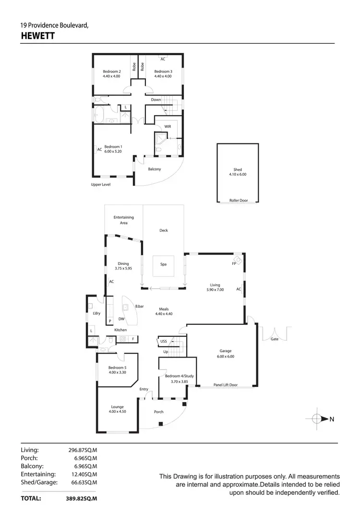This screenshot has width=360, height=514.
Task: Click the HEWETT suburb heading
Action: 38,36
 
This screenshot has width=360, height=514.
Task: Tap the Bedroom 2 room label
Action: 111,72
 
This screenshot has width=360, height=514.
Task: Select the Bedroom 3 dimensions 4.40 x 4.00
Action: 163,76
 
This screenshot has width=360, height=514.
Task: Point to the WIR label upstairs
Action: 168,127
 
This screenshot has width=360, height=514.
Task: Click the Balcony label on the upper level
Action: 154,169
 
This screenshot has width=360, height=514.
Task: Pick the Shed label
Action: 238,169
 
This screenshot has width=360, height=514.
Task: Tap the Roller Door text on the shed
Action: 238,201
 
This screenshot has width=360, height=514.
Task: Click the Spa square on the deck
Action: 163,264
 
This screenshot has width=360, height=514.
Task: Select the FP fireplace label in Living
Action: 235,263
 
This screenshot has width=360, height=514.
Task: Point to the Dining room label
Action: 123,263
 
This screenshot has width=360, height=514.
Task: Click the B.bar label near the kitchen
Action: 140,306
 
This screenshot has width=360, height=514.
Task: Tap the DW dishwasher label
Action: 121,319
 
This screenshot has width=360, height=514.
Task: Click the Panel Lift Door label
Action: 226,385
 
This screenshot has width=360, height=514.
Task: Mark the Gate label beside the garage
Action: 274,339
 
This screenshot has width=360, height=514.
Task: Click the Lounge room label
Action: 117,407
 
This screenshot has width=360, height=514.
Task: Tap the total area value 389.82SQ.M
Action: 82,499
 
